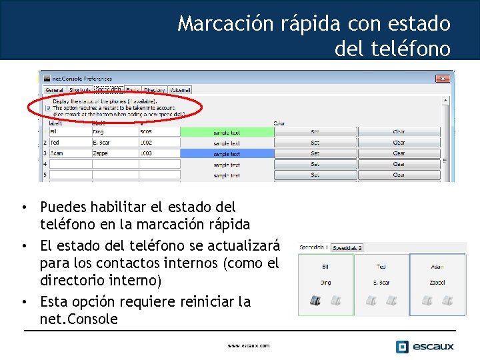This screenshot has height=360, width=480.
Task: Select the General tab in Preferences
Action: [x=54, y=90]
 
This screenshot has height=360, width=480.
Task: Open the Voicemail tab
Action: [x=180, y=90]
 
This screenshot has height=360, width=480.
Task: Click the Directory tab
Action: [x=155, y=90]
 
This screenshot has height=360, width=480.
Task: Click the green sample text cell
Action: [x=227, y=133]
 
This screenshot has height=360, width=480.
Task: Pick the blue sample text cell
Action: [x=227, y=154]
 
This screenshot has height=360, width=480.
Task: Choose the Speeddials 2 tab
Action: [x=347, y=248]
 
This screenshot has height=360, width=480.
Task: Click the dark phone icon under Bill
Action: [x=315, y=301]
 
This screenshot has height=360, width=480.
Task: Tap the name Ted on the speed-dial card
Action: [x=381, y=266]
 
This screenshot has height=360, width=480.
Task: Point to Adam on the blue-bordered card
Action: [x=437, y=266]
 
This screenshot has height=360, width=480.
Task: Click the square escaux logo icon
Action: [x=402, y=347]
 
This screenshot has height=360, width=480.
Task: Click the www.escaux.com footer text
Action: [x=248, y=346]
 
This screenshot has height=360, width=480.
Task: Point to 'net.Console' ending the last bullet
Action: [x=79, y=319]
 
